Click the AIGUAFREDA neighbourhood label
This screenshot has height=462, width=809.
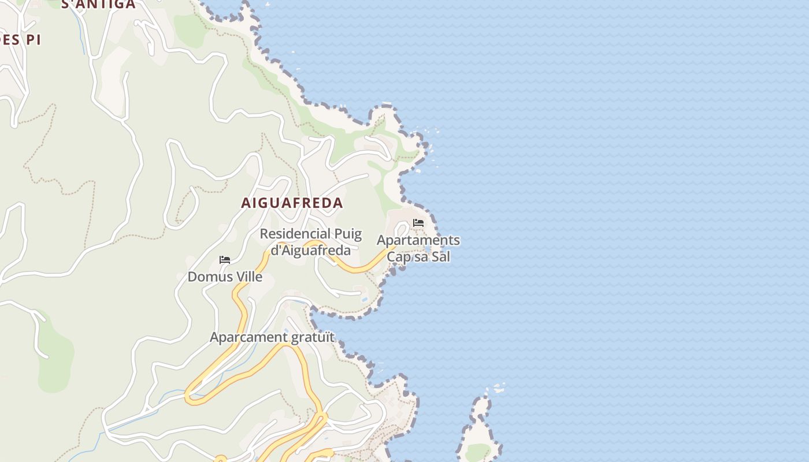point(292,203)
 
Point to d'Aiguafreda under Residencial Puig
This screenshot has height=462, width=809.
point(311,250)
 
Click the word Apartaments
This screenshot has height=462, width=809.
point(418,240)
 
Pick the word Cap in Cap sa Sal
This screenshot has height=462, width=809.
point(399,257)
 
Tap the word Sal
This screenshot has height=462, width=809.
point(440,257)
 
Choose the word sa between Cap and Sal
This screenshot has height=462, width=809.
point(421,257)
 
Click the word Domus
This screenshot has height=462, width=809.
point(206,277)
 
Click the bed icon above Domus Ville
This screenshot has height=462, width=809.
point(225,260)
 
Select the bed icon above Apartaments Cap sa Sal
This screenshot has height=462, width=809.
point(418,223)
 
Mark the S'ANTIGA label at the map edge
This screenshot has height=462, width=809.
point(98,5)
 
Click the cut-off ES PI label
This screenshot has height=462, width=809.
point(20,40)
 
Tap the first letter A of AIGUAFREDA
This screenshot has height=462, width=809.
point(246,203)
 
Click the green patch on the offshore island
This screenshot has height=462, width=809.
point(477,452)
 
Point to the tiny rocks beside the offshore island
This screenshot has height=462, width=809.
point(498,388)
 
